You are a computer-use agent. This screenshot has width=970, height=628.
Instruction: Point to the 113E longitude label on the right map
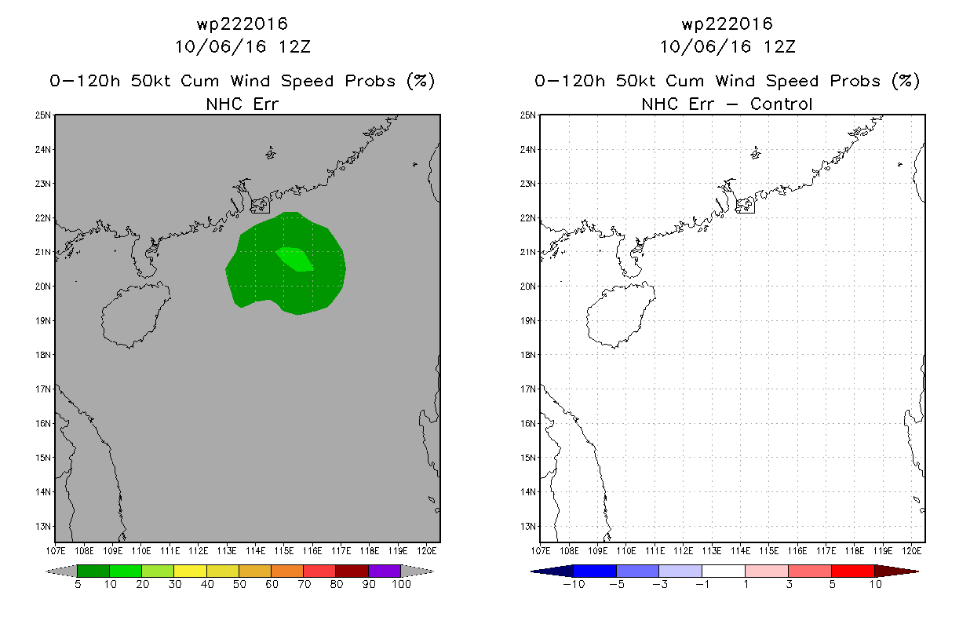click(x=712, y=551)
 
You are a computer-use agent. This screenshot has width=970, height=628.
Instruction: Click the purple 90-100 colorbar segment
click(x=385, y=571)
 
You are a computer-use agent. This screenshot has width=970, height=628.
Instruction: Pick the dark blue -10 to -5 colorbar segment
click(x=596, y=571)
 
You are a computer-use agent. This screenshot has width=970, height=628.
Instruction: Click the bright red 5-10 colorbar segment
click(x=852, y=571)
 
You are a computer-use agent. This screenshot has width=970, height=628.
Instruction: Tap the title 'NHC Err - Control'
click(x=727, y=104)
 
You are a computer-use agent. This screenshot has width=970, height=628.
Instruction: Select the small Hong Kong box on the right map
click(x=745, y=206)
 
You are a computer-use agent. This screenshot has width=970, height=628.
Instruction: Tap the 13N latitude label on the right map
click(x=530, y=526)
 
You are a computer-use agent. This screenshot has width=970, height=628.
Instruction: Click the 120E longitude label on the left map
click(x=428, y=551)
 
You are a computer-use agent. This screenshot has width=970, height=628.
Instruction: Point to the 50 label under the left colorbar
click(x=239, y=584)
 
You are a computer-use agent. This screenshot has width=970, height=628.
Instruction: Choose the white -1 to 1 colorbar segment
click(x=724, y=571)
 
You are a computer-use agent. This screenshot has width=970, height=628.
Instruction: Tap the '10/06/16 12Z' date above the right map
click(x=727, y=46)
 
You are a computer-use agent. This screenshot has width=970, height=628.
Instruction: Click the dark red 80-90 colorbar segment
click(x=352, y=571)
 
